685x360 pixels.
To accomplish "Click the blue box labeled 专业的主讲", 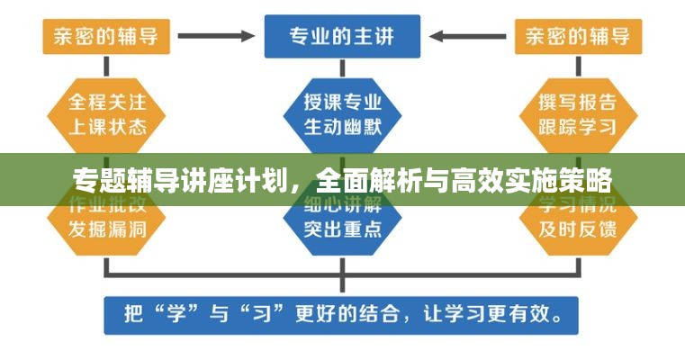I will (x=341, y=37).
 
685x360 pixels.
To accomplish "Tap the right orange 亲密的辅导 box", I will (x=578, y=37).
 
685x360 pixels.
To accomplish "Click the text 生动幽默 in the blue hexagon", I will (x=341, y=124).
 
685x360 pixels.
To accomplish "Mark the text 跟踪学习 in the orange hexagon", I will (x=578, y=124).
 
